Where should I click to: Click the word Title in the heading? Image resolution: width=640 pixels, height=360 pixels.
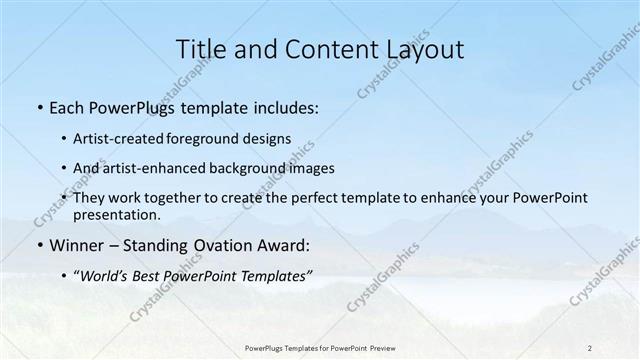[x=200, y=47]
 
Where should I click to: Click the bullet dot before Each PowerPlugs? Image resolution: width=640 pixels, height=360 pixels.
[x=38, y=107]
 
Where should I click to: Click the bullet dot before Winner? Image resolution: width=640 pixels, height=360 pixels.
[x=38, y=244]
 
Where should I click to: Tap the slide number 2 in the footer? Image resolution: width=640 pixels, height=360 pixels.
[x=590, y=347]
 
